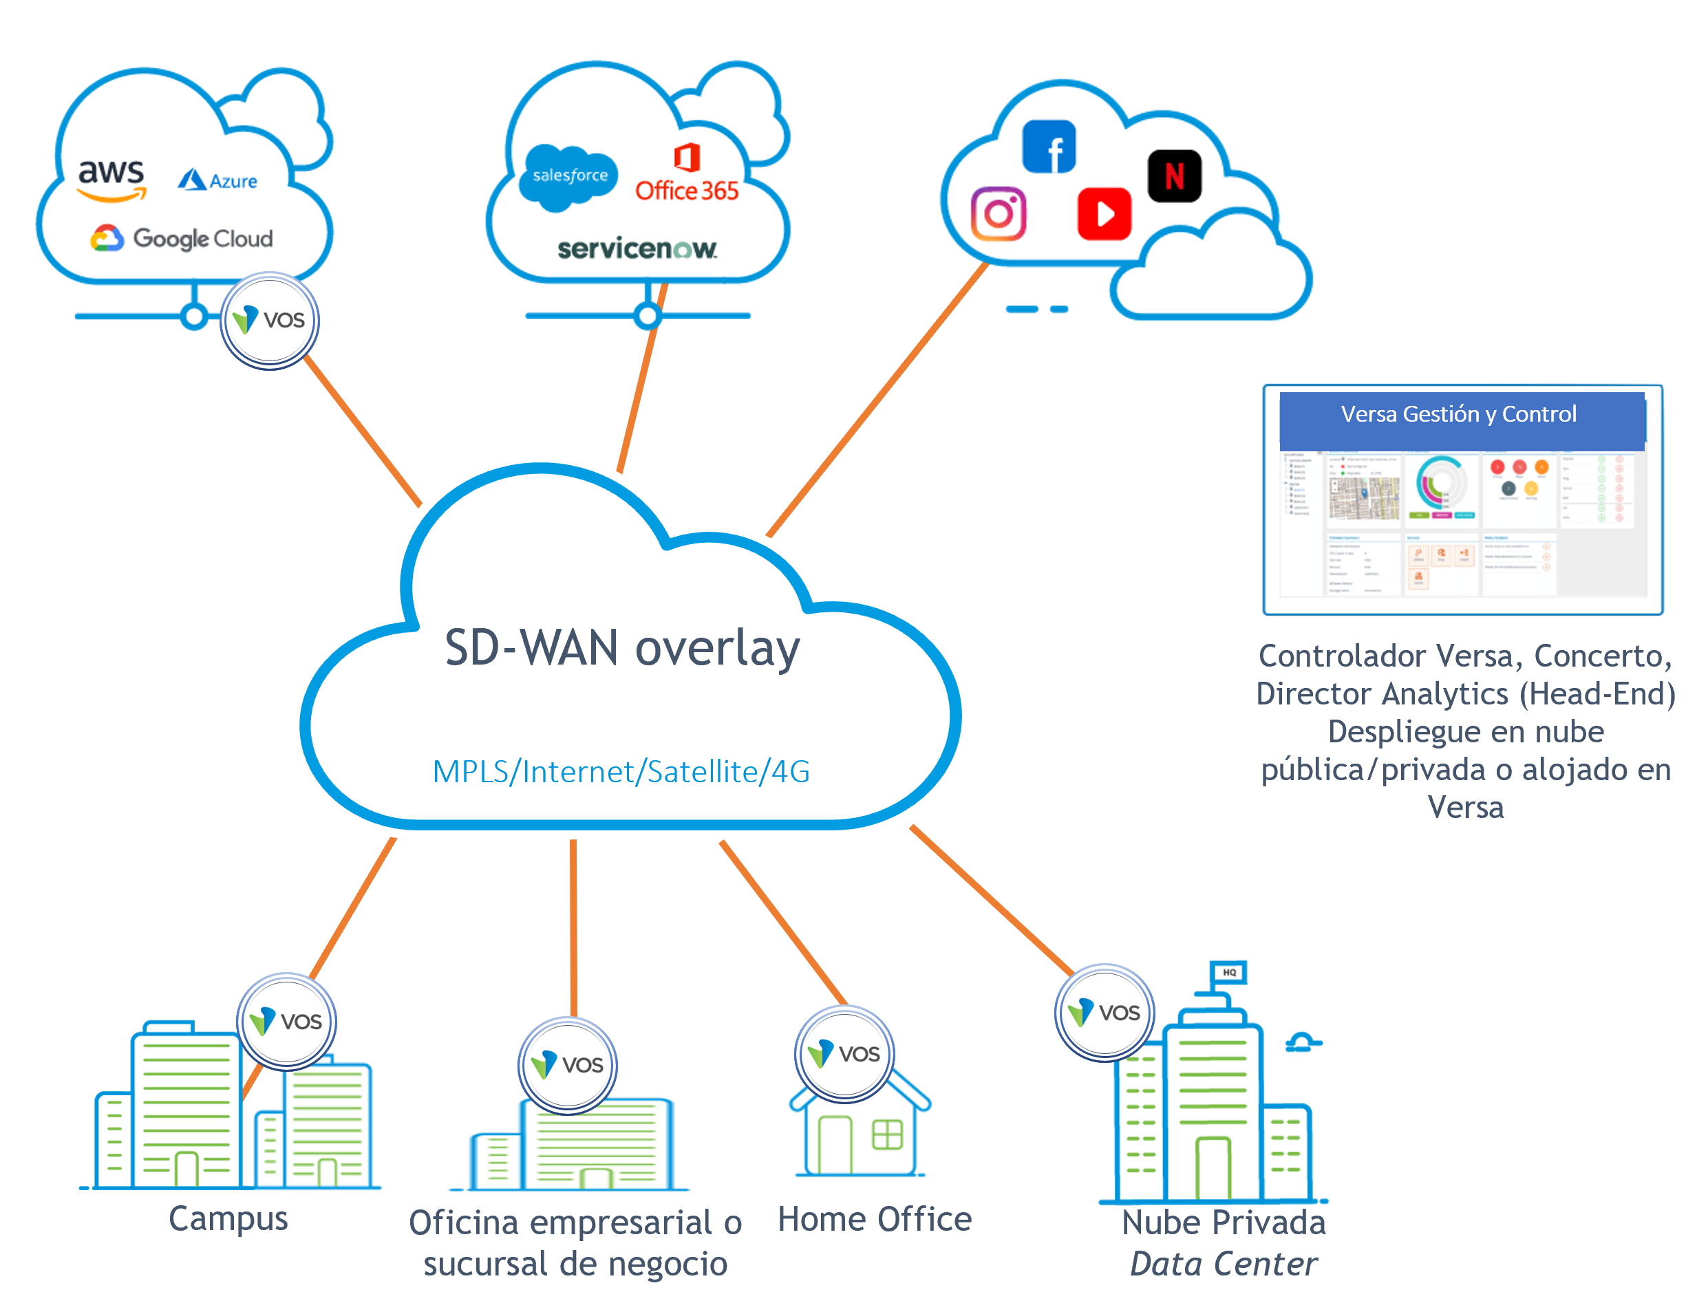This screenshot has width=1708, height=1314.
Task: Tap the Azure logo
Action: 217,180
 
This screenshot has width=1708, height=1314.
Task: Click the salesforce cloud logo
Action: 569,177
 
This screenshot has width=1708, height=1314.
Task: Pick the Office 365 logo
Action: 687,175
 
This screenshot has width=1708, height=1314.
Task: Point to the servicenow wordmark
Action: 637,248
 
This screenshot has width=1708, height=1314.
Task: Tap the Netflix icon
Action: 1174,176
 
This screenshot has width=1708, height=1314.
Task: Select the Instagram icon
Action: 998,213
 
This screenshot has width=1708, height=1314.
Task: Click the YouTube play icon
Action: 1104,213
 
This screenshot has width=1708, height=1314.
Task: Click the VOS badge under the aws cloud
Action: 270,320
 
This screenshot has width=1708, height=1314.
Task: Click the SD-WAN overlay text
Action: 621,648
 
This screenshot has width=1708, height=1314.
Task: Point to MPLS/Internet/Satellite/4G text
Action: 621,771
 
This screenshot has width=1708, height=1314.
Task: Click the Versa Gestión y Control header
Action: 1458,414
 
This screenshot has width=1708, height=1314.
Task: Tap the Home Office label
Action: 875,1220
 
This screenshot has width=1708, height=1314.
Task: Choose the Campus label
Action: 228,1218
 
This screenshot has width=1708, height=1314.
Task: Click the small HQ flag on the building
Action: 1228,972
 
